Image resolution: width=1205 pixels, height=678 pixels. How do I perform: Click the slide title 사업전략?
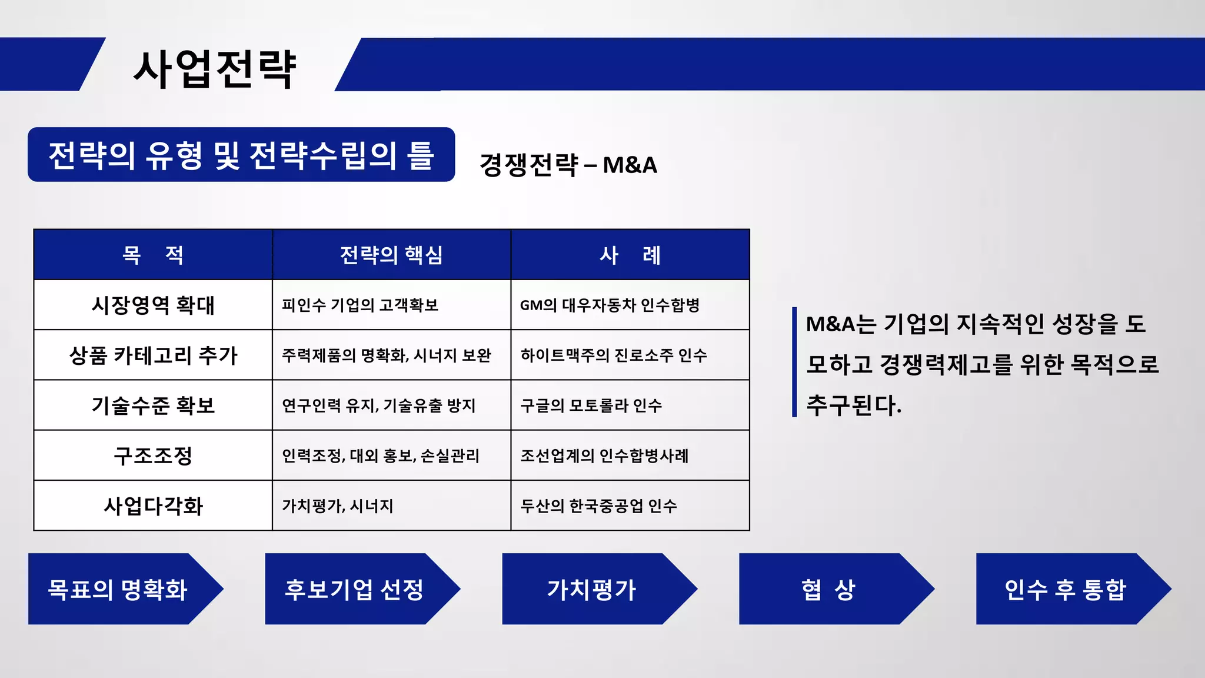point(215,69)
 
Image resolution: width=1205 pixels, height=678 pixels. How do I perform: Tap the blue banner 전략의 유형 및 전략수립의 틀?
point(241,155)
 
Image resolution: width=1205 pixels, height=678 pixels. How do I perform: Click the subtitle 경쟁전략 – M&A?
point(568,165)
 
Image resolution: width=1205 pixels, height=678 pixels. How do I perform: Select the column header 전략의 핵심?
point(391,255)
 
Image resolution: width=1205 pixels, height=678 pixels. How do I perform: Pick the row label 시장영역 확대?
point(153,305)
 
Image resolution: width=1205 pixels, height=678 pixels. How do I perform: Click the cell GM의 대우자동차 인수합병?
point(610,305)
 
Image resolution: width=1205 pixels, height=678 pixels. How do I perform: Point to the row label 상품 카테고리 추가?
point(153,355)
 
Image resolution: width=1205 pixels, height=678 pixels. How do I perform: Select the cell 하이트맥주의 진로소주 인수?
point(613,355)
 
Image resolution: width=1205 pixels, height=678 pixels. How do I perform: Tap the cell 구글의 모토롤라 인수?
point(591,406)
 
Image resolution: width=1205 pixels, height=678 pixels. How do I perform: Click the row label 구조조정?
point(153,456)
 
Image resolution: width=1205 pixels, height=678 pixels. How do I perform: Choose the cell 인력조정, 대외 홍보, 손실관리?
point(381,456)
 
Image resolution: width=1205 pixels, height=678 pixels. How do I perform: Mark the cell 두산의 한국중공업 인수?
point(598,506)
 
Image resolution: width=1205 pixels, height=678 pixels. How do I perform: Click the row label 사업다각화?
point(153,506)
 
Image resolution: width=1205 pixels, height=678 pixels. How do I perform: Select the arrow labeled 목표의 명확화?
point(118,589)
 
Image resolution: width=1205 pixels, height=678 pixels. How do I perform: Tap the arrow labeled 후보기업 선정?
point(354,589)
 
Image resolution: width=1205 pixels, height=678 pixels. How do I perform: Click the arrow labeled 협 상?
point(828,589)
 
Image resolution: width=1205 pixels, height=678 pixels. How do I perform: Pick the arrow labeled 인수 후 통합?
point(1065,589)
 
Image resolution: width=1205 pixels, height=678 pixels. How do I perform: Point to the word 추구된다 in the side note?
point(853,405)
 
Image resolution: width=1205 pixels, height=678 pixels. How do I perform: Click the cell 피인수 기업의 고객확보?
point(360,305)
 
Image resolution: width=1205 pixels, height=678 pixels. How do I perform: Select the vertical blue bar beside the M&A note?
point(794,362)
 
